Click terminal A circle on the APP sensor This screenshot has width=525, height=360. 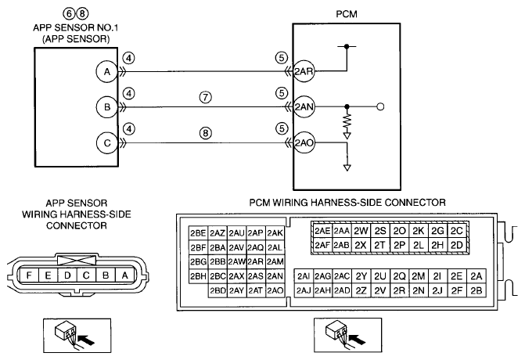(107, 72)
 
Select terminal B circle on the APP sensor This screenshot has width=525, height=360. (107, 107)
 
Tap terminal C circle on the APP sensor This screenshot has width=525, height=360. (107, 143)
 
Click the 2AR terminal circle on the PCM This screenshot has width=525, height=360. (304, 71)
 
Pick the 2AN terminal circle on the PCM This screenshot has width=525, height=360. (304, 107)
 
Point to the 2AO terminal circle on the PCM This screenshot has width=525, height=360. (304, 143)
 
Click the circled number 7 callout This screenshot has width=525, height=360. (206, 98)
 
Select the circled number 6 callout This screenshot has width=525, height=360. (69, 14)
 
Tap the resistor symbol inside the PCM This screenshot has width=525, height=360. (347, 121)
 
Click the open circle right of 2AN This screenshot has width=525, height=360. (380, 107)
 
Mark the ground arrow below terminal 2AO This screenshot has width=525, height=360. (347, 167)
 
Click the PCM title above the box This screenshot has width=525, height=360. (347, 14)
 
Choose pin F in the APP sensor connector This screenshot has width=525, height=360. (29, 275)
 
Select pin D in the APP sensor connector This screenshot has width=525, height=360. (67, 275)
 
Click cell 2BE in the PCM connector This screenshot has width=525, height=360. (198, 233)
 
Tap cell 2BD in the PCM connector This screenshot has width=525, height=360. (218, 290)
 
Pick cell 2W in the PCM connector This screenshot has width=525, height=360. (361, 231)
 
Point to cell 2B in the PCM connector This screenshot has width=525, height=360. (476, 290)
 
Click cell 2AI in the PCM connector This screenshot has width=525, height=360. (304, 276)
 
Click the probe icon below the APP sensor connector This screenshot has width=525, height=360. (77, 336)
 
